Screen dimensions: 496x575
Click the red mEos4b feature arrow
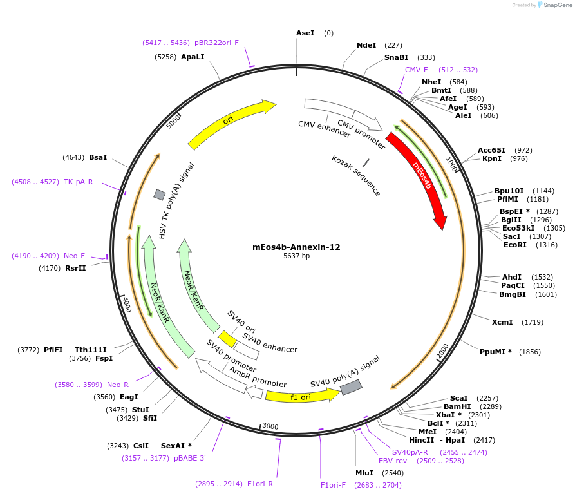pos(422,177)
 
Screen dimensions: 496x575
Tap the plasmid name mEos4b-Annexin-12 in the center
pos(296,247)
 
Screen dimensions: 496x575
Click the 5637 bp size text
pos(296,256)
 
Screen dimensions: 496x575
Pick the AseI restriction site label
pos(305,33)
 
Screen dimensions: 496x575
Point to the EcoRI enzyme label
pos(514,245)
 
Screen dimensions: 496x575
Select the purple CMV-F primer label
pos(416,70)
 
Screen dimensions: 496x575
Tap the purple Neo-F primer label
pos(74,256)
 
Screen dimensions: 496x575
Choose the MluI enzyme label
pos(364,473)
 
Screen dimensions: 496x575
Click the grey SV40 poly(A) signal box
pos(351,387)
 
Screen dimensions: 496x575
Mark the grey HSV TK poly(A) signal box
pos(159,195)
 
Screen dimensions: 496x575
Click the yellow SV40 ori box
pos(227,339)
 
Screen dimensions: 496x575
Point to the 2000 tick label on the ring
pos(442,351)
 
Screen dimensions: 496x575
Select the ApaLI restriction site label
pos(193,57)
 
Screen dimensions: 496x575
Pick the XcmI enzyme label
pos(502,322)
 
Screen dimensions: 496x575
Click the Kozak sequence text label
pos(356,175)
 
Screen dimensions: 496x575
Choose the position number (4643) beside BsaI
pos(73,157)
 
